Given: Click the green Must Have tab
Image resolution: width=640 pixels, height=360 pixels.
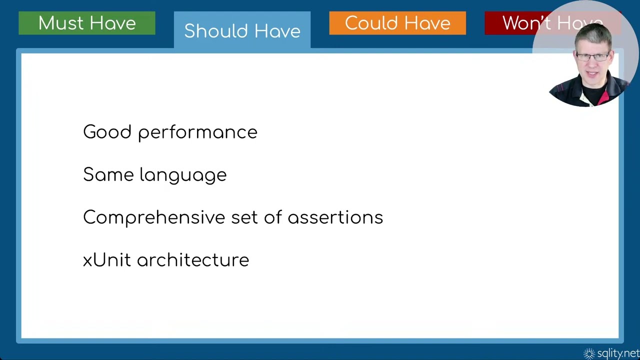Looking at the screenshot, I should click(x=86, y=23).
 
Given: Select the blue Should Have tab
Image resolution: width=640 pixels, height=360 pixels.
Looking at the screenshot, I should click(x=242, y=30).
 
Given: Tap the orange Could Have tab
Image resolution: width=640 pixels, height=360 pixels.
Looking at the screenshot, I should click(x=397, y=23).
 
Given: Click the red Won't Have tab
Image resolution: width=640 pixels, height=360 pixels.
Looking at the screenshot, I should click(x=515, y=23).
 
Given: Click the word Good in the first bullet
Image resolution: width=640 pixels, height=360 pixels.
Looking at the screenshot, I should click(x=107, y=132).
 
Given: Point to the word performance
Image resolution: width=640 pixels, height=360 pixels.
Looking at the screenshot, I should click(x=197, y=133).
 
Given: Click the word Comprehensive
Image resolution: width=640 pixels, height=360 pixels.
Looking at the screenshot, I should click(x=154, y=218).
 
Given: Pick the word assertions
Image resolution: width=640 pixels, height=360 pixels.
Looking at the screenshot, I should click(x=335, y=217).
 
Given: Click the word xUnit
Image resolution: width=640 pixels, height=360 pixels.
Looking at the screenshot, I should click(x=106, y=260).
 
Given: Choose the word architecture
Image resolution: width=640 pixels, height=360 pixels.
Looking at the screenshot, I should click(x=193, y=260).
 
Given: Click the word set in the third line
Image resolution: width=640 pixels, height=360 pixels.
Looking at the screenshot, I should click(x=245, y=217).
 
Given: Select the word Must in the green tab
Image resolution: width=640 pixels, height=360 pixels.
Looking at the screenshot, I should click(x=58, y=23).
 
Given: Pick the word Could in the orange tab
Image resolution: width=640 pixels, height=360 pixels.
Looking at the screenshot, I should click(x=368, y=23).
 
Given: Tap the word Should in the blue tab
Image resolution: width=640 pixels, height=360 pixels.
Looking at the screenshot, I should click(x=213, y=30).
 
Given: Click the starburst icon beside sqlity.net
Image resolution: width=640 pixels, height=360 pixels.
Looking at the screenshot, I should click(x=589, y=353).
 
